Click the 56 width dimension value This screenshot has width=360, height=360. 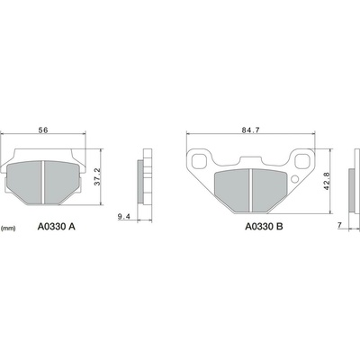pyautogui.click(x=43, y=130)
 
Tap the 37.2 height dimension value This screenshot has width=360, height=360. pyautogui.click(x=97, y=176)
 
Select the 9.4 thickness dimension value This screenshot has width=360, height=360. pyautogui.click(x=123, y=217)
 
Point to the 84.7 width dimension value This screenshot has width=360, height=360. pyautogui.click(x=250, y=130)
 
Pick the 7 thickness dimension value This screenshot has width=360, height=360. pyautogui.click(x=339, y=225)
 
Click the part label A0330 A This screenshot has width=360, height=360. pyautogui.click(x=57, y=227)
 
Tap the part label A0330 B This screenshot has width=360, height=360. pyautogui.click(x=264, y=227)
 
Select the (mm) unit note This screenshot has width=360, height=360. pyautogui.click(x=8, y=229)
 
